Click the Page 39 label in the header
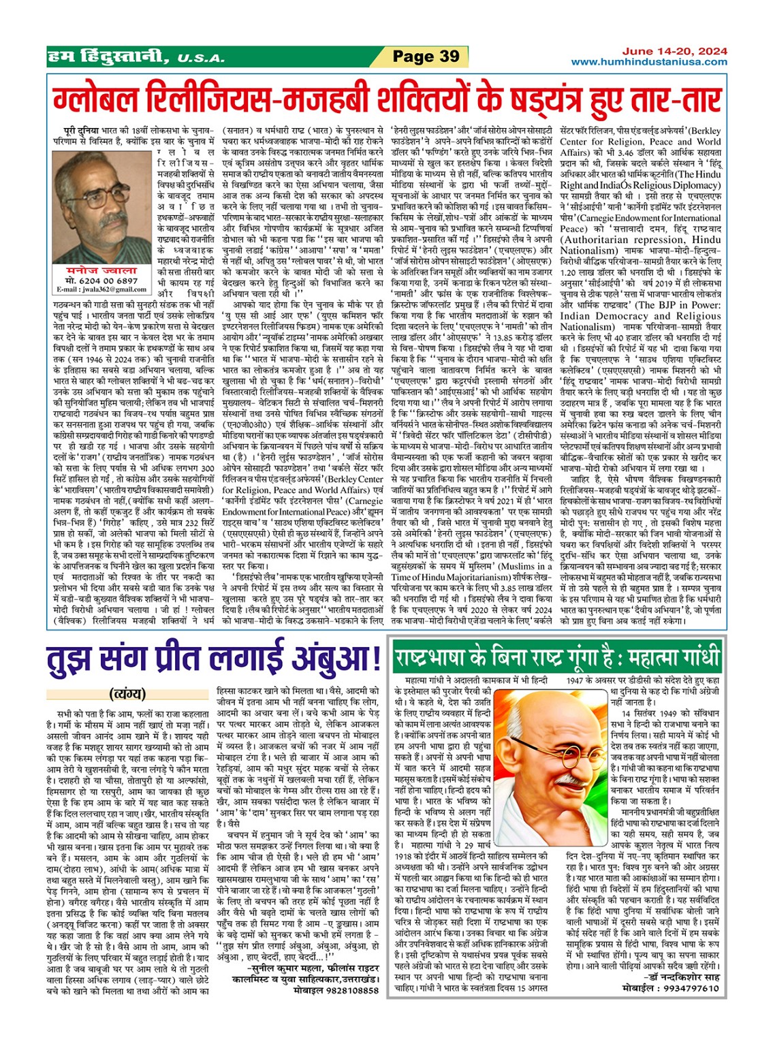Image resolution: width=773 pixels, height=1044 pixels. click(426, 57)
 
